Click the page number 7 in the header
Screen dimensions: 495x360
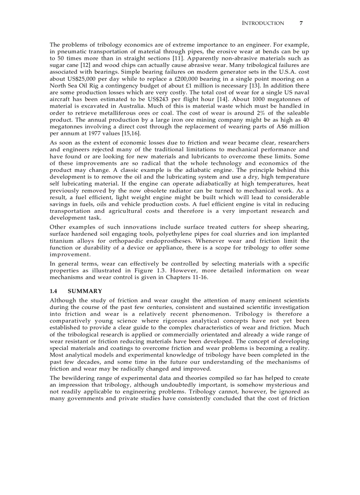[301, 23]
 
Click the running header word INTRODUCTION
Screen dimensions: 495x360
[263, 23]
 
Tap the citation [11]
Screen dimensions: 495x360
[169, 58]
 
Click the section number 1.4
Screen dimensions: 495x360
[54, 291]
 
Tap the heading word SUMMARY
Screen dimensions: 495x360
[85, 291]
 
